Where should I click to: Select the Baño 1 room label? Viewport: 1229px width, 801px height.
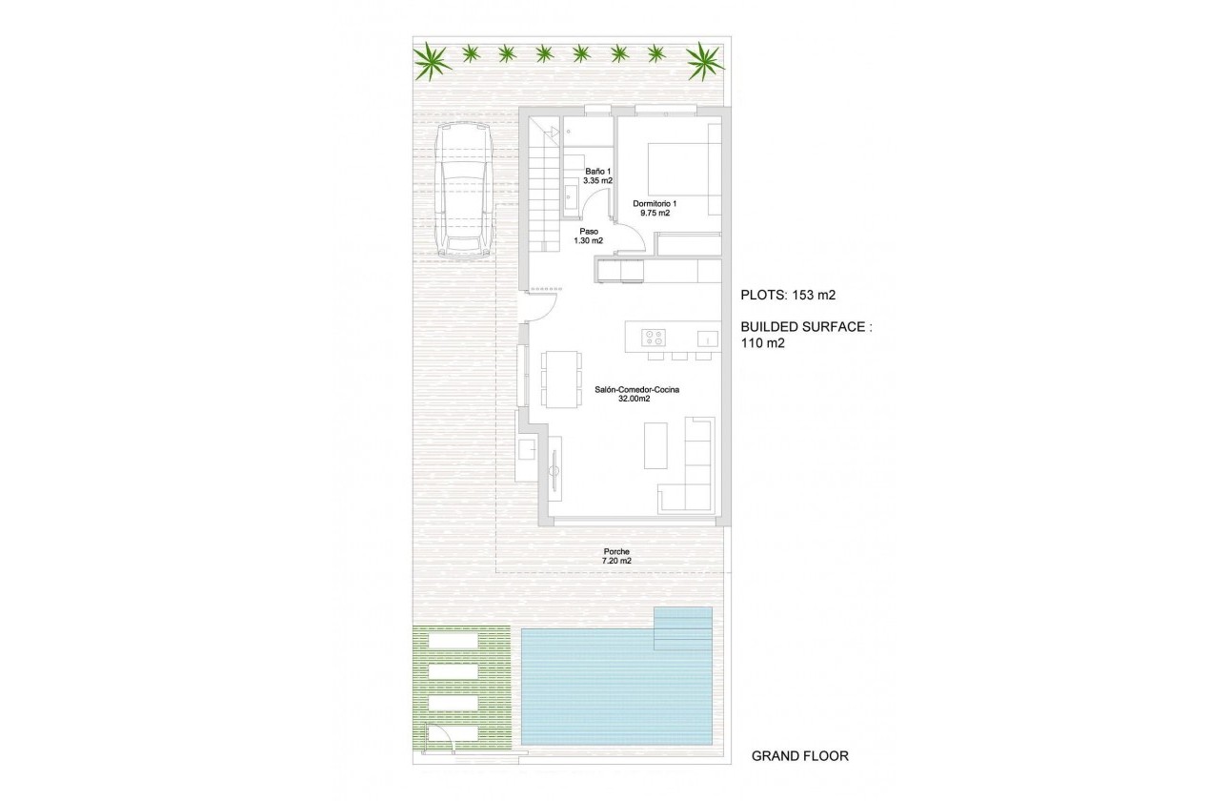(597, 175)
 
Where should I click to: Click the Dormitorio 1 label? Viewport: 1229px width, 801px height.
(655, 208)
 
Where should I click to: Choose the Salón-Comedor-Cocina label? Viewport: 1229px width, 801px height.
(631, 394)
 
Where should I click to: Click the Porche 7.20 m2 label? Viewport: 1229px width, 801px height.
(616, 556)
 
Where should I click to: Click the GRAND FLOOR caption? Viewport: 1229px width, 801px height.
(799, 756)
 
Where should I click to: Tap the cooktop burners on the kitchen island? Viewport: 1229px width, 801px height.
(655, 336)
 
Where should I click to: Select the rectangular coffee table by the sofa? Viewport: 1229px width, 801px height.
(656, 445)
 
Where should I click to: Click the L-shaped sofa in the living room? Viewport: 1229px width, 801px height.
(696, 467)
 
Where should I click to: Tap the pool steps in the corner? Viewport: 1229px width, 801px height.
(683, 628)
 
